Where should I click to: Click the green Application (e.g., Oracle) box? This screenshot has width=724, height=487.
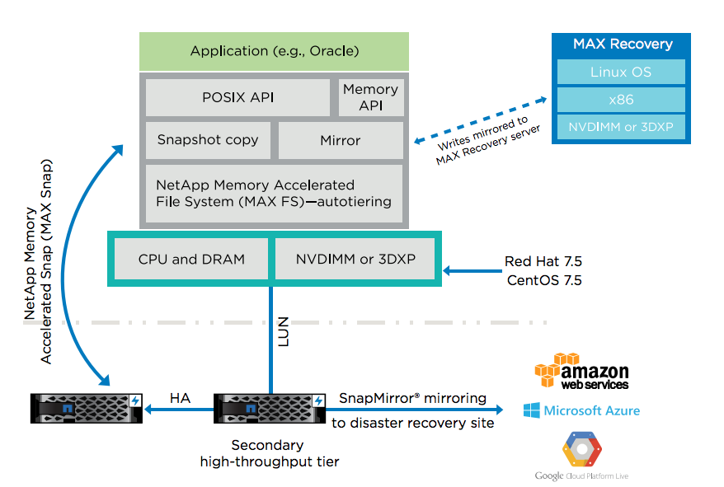274,51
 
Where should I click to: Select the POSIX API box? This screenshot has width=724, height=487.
238,97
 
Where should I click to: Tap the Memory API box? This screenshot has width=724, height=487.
370,97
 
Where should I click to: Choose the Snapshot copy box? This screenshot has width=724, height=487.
208,140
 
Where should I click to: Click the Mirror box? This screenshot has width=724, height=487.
340,140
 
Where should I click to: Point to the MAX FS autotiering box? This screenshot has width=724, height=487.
274,193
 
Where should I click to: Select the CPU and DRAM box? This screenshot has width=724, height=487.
191,259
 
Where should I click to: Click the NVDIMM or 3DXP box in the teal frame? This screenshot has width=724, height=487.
355,259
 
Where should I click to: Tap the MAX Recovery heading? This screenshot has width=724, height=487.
622,44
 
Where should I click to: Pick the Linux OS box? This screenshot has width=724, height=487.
620,73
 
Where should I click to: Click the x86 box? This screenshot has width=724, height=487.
620,100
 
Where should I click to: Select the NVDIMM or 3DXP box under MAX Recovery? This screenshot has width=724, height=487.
620,127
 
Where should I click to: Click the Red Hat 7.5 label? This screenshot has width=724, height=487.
543,262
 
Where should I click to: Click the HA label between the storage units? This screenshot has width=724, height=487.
180,398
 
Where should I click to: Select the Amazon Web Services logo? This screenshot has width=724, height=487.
581,372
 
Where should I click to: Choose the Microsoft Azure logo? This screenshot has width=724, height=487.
581,410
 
